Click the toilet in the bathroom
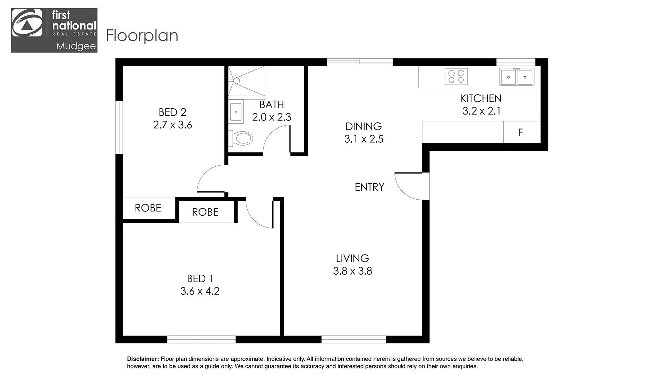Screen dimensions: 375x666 point(243,138)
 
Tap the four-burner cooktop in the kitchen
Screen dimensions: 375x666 point(456,77)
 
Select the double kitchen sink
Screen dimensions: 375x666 point(516,77)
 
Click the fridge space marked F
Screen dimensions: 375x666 point(520,132)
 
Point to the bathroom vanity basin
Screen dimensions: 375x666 point(236,112)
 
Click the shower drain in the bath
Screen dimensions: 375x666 point(237,81)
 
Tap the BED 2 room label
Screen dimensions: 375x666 point(172,112)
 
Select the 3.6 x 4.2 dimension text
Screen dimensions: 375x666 point(200,291)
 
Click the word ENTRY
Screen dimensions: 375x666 point(369,187)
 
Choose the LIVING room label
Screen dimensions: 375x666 point(352,258)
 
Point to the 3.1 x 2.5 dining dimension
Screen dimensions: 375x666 point(364,139)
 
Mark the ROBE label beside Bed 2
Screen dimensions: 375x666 point(148,208)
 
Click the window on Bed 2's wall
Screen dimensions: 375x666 point(119,127)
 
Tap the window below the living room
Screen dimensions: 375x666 point(353,339)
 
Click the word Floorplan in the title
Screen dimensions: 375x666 point(142,36)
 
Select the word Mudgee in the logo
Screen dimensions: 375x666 point(76,47)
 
